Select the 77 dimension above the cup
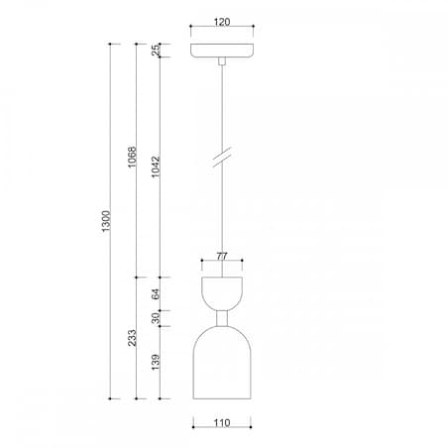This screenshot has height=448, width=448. [222, 256]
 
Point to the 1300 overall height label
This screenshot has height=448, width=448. [107, 224]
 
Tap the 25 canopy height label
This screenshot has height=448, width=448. [156, 50]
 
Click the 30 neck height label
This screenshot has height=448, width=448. [156, 317]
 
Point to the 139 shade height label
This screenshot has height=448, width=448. [156, 363]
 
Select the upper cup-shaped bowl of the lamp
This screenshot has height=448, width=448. [222, 292]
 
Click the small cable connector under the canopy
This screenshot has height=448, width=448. [221, 62]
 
